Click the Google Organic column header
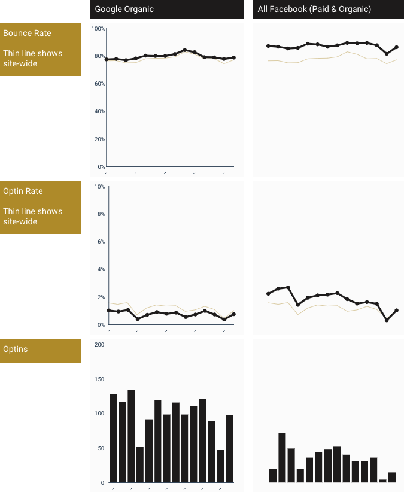(124, 9)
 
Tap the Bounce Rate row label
(28, 33)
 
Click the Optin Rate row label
(23, 191)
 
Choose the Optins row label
(16, 349)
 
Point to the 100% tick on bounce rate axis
(98, 29)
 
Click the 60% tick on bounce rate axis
(99, 84)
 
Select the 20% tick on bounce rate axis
(99, 139)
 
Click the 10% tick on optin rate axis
(99, 187)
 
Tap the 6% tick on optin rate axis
(101, 242)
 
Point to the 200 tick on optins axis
(99, 344)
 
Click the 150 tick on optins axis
(99, 379)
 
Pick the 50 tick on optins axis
(101, 448)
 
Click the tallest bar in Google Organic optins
(131, 436)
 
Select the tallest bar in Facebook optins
(282, 457)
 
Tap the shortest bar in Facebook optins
(382, 481)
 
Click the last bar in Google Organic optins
(229, 448)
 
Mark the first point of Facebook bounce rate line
(268, 46)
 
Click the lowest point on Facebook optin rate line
(387, 320)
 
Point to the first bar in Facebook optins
(273, 475)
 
